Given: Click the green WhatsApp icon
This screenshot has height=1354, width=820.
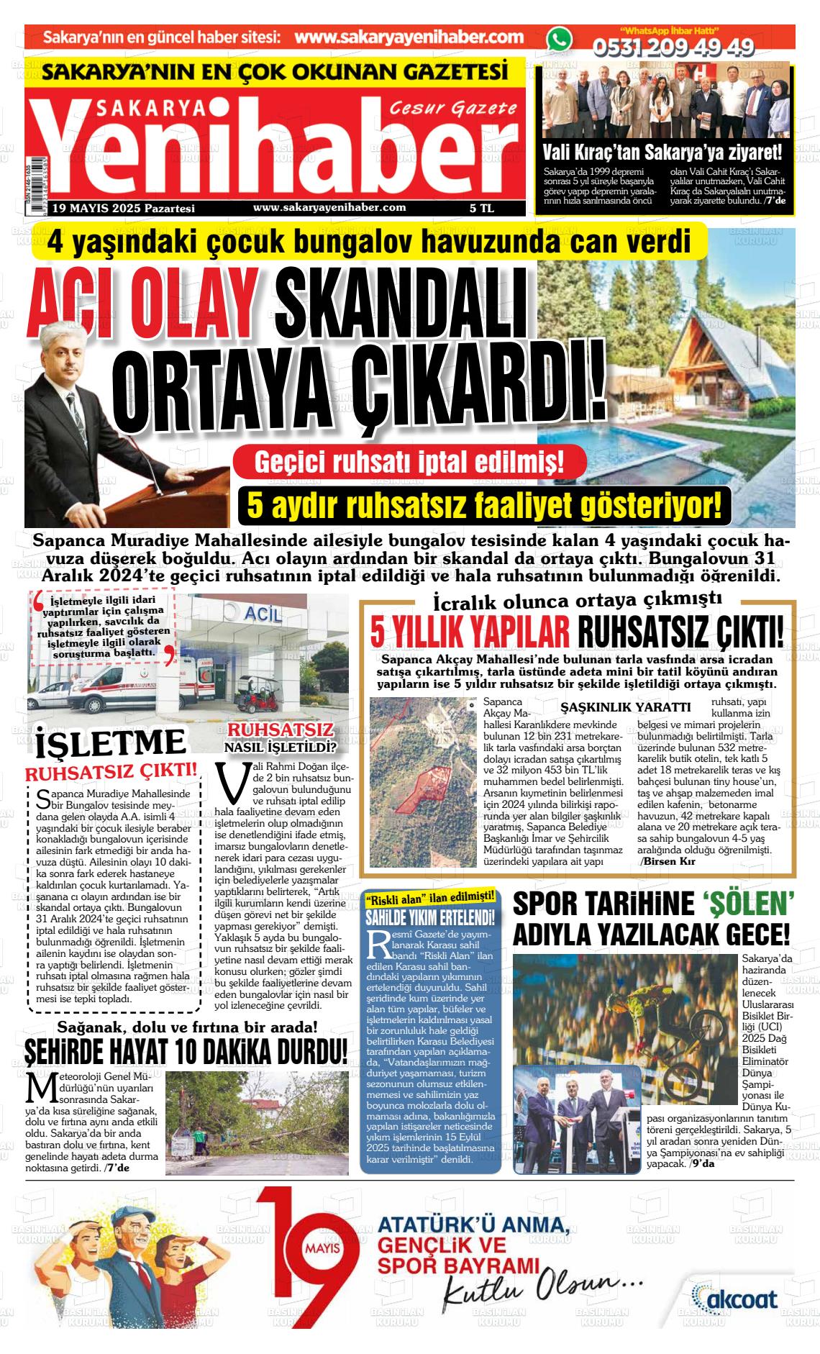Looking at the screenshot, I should tap(558, 39).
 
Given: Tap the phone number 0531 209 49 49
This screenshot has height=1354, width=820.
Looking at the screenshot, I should tap(673, 47).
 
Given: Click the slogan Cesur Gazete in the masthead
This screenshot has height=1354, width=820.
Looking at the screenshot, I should tap(452, 108).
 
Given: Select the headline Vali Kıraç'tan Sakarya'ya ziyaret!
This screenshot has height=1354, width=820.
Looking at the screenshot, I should tap(661, 153).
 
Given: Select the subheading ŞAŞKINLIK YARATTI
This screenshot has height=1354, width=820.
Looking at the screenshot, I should tap(625, 707).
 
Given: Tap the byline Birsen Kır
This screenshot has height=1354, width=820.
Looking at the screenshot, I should tap(670, 860).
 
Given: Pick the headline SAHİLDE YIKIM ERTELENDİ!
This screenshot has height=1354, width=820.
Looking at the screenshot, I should tap(430, 917).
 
